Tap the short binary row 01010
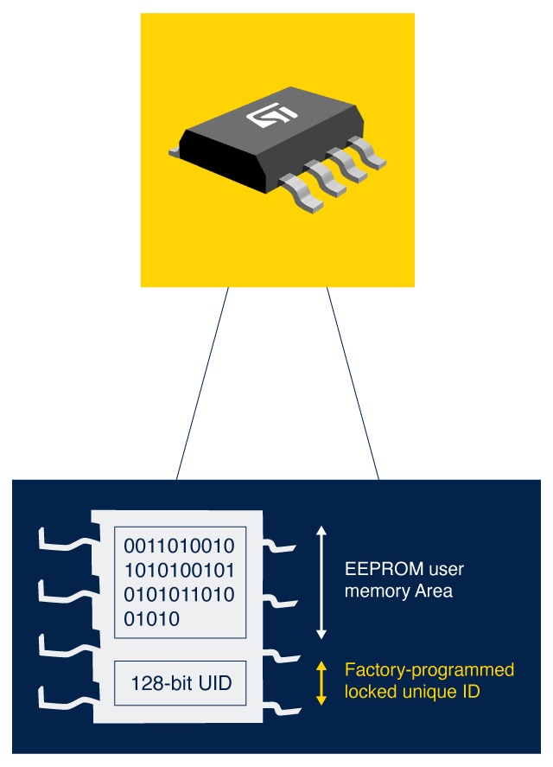(152, 619)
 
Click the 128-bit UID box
(180, 684)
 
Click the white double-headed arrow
(321, 582)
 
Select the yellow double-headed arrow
(321, 683)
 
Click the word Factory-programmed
(429, 670)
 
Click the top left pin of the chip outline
(65, 540)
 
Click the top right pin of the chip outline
(281, 546)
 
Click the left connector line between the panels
(202, 383)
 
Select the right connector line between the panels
(353, 383)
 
